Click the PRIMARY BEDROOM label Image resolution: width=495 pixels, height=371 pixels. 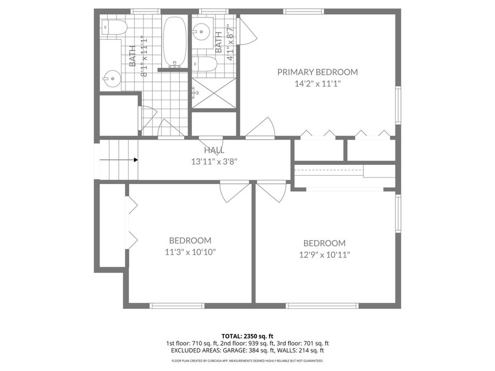pyautogui.click(x=317, y=72)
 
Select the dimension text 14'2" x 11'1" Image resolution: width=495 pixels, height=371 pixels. pyautogui.click(x=317, y=84)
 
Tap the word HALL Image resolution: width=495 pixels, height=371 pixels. pyautogui.click(x=214, y=150)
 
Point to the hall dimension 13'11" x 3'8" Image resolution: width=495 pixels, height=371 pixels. pyautogui.click(x=214, y=162)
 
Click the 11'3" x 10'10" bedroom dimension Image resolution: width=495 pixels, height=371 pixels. pyautogui.click(x=190, y=252)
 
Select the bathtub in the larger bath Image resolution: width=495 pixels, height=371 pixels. pyautogui.click(x=174, y=42)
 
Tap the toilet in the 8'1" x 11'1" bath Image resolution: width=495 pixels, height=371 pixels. pyautogui.click(x=113, y=27)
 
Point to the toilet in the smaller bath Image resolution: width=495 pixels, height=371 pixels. pyautogui.click(x=205, y=65)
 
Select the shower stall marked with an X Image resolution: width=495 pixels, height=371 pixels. pyautogui.click(x=214, y=93)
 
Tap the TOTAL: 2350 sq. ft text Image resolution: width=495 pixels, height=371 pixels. pyautogui.click(x=247, y=336)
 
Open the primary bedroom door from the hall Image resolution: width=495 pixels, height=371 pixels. pyautogui.click(x=261, y=130)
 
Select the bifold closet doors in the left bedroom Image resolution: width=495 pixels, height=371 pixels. pyautogui.click(x=132, y=223)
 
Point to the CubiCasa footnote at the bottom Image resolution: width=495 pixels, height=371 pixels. pyautogui.click(x=247, y=361)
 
